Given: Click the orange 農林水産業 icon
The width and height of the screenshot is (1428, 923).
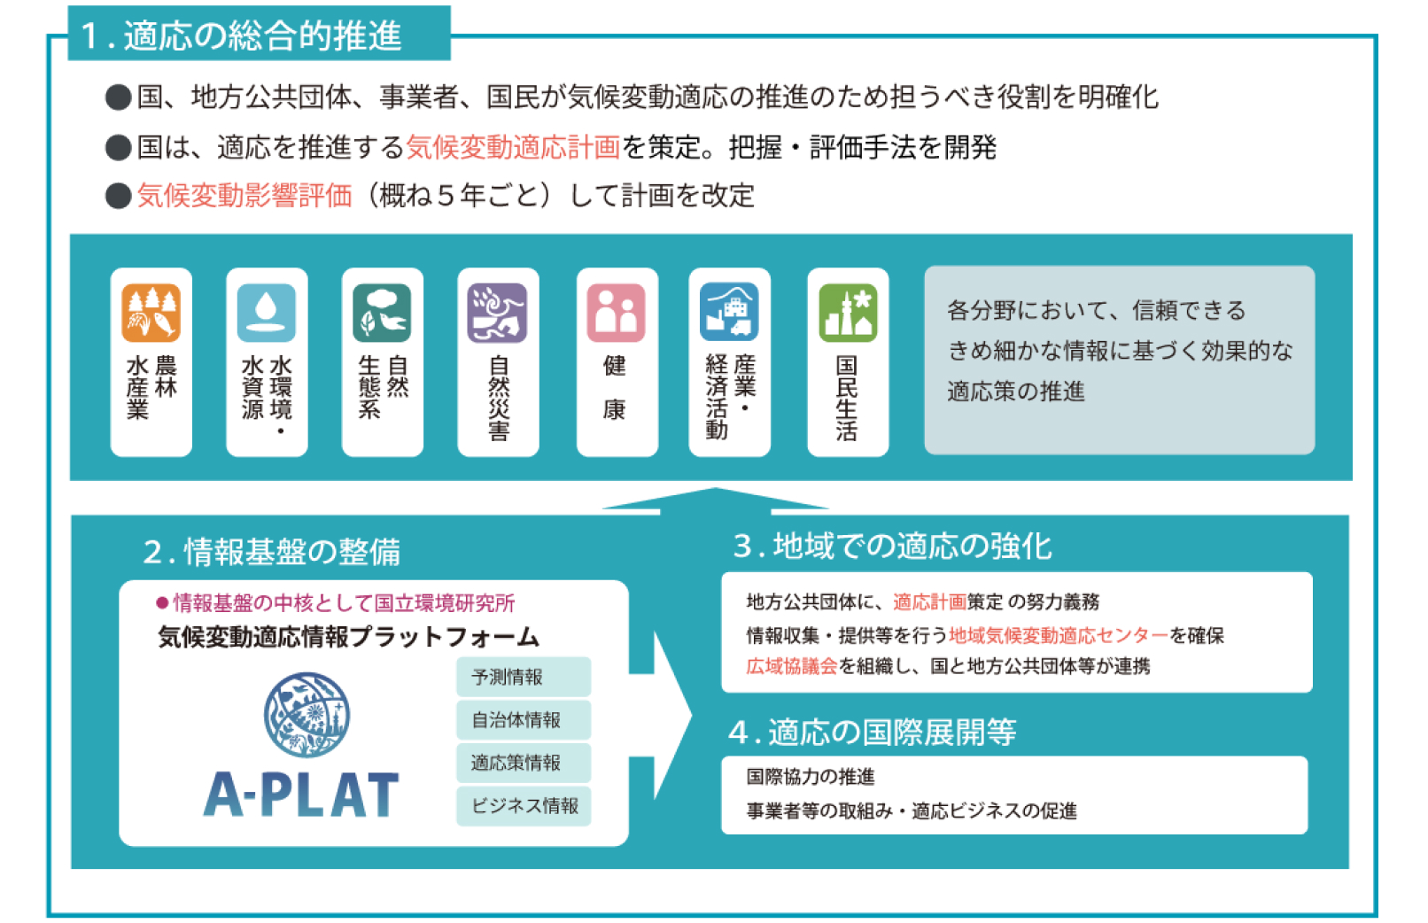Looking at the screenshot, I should (151, 313).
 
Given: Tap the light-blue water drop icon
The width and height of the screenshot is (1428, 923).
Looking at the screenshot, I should (266, 313).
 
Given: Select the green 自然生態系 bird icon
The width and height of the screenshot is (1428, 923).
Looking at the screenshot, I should (382, 313).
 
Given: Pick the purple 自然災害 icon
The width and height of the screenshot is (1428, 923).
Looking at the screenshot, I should (497, 313).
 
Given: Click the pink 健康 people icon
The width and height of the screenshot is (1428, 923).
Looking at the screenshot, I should (616, 313).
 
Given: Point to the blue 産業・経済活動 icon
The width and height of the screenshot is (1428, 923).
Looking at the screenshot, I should (729, 313).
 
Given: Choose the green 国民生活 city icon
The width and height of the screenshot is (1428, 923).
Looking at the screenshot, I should (848, 313).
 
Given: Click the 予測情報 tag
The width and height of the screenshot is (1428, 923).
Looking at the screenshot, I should (524, 677).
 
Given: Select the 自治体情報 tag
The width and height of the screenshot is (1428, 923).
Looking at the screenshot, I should (524, 720).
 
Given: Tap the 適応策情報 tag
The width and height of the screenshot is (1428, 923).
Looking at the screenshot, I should (524, 763).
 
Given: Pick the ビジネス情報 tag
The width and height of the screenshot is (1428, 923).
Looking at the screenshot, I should (524, 806).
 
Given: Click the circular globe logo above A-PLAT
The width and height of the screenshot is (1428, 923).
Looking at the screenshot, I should (307, 715).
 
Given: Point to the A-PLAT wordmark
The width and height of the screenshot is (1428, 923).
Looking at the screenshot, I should (301, 795).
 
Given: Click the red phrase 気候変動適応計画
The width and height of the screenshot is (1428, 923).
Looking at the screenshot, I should (513, 147).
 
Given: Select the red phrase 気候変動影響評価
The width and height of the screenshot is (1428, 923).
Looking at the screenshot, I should (244, 196).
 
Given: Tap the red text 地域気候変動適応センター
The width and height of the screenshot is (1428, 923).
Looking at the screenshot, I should (1058, 635).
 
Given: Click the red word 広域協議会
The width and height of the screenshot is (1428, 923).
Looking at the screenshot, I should (791, 666).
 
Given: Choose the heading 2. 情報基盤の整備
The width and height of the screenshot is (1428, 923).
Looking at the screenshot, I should (272, 552).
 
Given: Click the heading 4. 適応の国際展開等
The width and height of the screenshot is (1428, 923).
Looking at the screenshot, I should (872, 733).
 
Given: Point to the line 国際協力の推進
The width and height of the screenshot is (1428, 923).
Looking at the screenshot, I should (811, 777).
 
